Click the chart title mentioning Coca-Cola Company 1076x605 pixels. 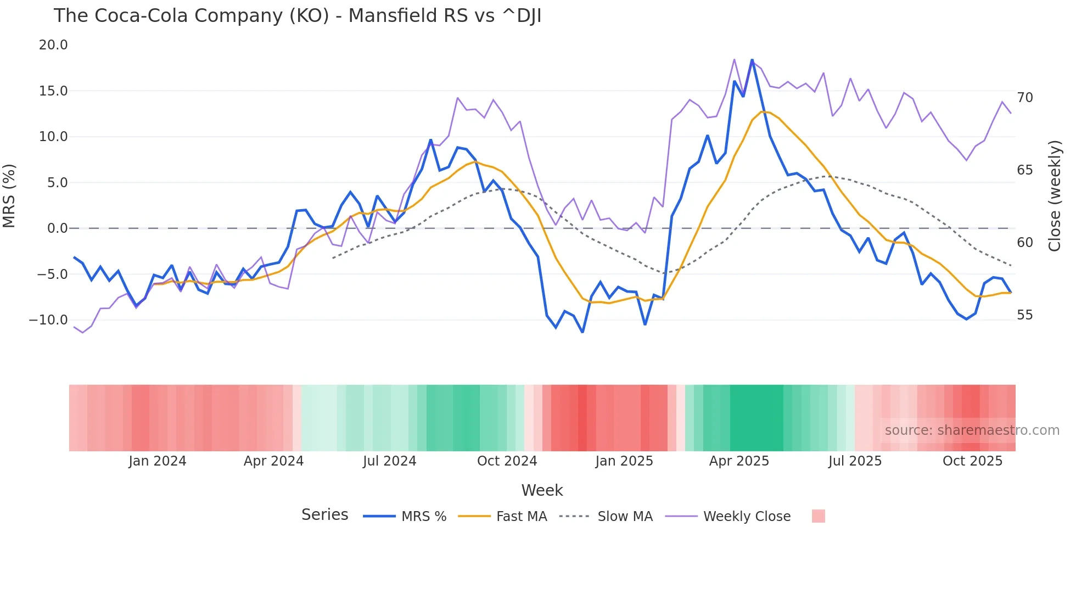coord(297,16)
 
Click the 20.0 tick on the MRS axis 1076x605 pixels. coord(53,45)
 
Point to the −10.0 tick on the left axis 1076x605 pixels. coord(48,320)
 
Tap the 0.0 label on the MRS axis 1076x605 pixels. coord(57,228)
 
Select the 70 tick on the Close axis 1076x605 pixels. coord(1024,98)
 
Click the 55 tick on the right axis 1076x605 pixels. coord(1024,315)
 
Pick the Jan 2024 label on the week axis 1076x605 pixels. coord(158,461)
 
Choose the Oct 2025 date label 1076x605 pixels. coord(972,461)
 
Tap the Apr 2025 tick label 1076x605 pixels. coord(739,461)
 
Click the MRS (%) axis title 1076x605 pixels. coord(9,196)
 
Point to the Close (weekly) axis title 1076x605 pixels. coord(1055,196)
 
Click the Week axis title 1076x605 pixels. coord(542,490)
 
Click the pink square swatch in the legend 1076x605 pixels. coord(818,516)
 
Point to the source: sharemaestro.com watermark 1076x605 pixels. coord(972,430)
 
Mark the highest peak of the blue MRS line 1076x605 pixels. coord(752,60)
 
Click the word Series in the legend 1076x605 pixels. coord(324,515)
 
